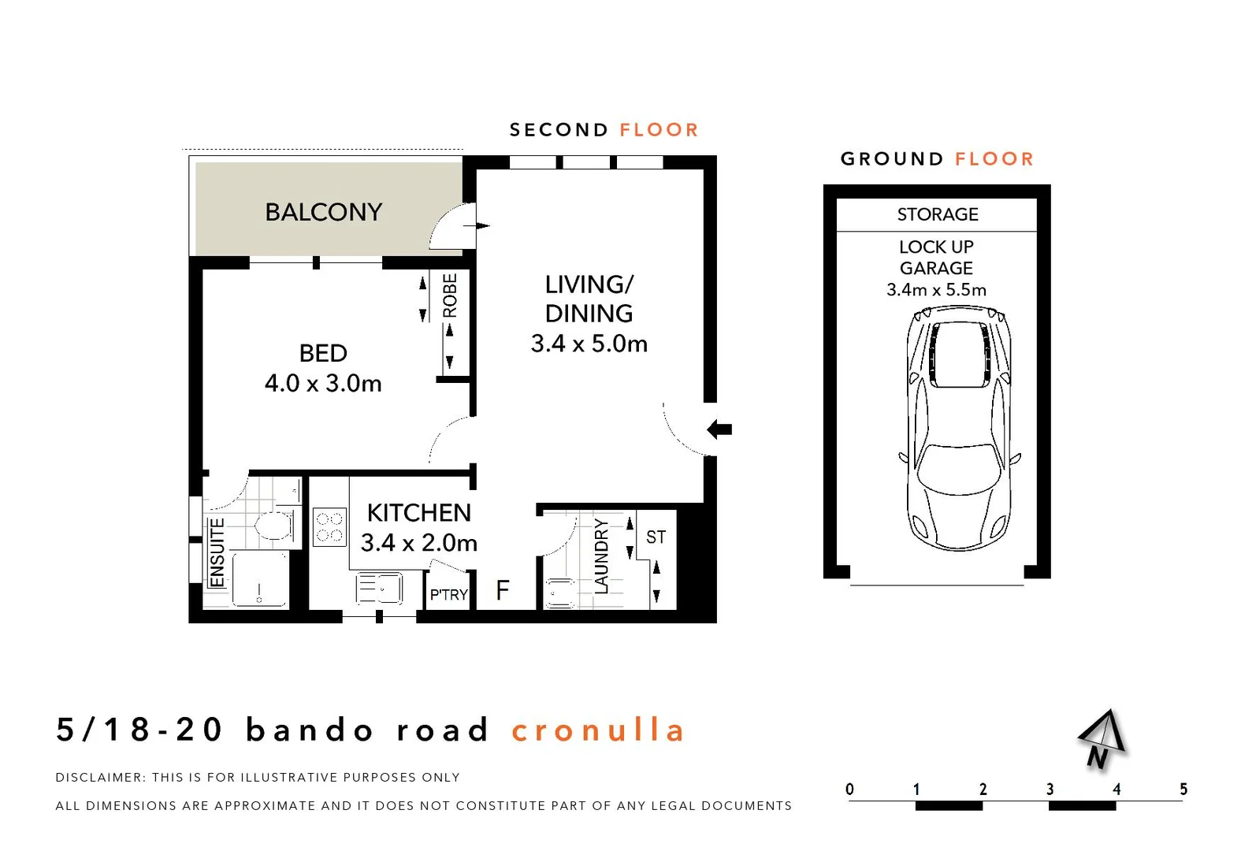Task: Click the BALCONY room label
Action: click(323, 212)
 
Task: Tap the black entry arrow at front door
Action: click(719, 429)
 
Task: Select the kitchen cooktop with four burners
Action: click(329, 527)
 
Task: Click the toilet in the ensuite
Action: click(273, 525)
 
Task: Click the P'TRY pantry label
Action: click(448, 595)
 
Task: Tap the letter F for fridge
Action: click(503, 590)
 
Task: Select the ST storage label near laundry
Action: click(656, 537)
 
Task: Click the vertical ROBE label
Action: click(450, 295)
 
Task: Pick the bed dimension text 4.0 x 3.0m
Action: click(323, 384)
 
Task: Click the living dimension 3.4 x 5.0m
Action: click(589, 344)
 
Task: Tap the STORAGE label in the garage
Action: click(937, 214)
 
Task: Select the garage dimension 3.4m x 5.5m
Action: click(936, 290)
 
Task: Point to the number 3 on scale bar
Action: click(1050, 789)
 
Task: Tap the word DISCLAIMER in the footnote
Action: click(100, 777)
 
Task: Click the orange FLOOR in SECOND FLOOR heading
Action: click(659, 130)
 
